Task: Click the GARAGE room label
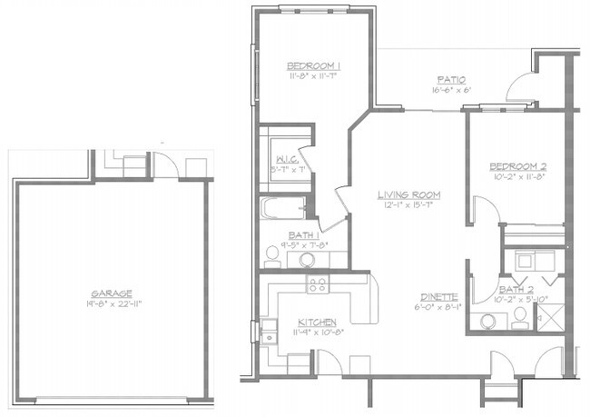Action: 112,293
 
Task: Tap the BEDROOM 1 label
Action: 313,66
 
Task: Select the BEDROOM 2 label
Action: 516,166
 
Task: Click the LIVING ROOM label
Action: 410,194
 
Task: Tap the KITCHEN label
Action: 317,323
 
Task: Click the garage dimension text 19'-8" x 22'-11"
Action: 112,304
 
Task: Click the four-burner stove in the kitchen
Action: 318,285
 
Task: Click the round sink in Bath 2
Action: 492,321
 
